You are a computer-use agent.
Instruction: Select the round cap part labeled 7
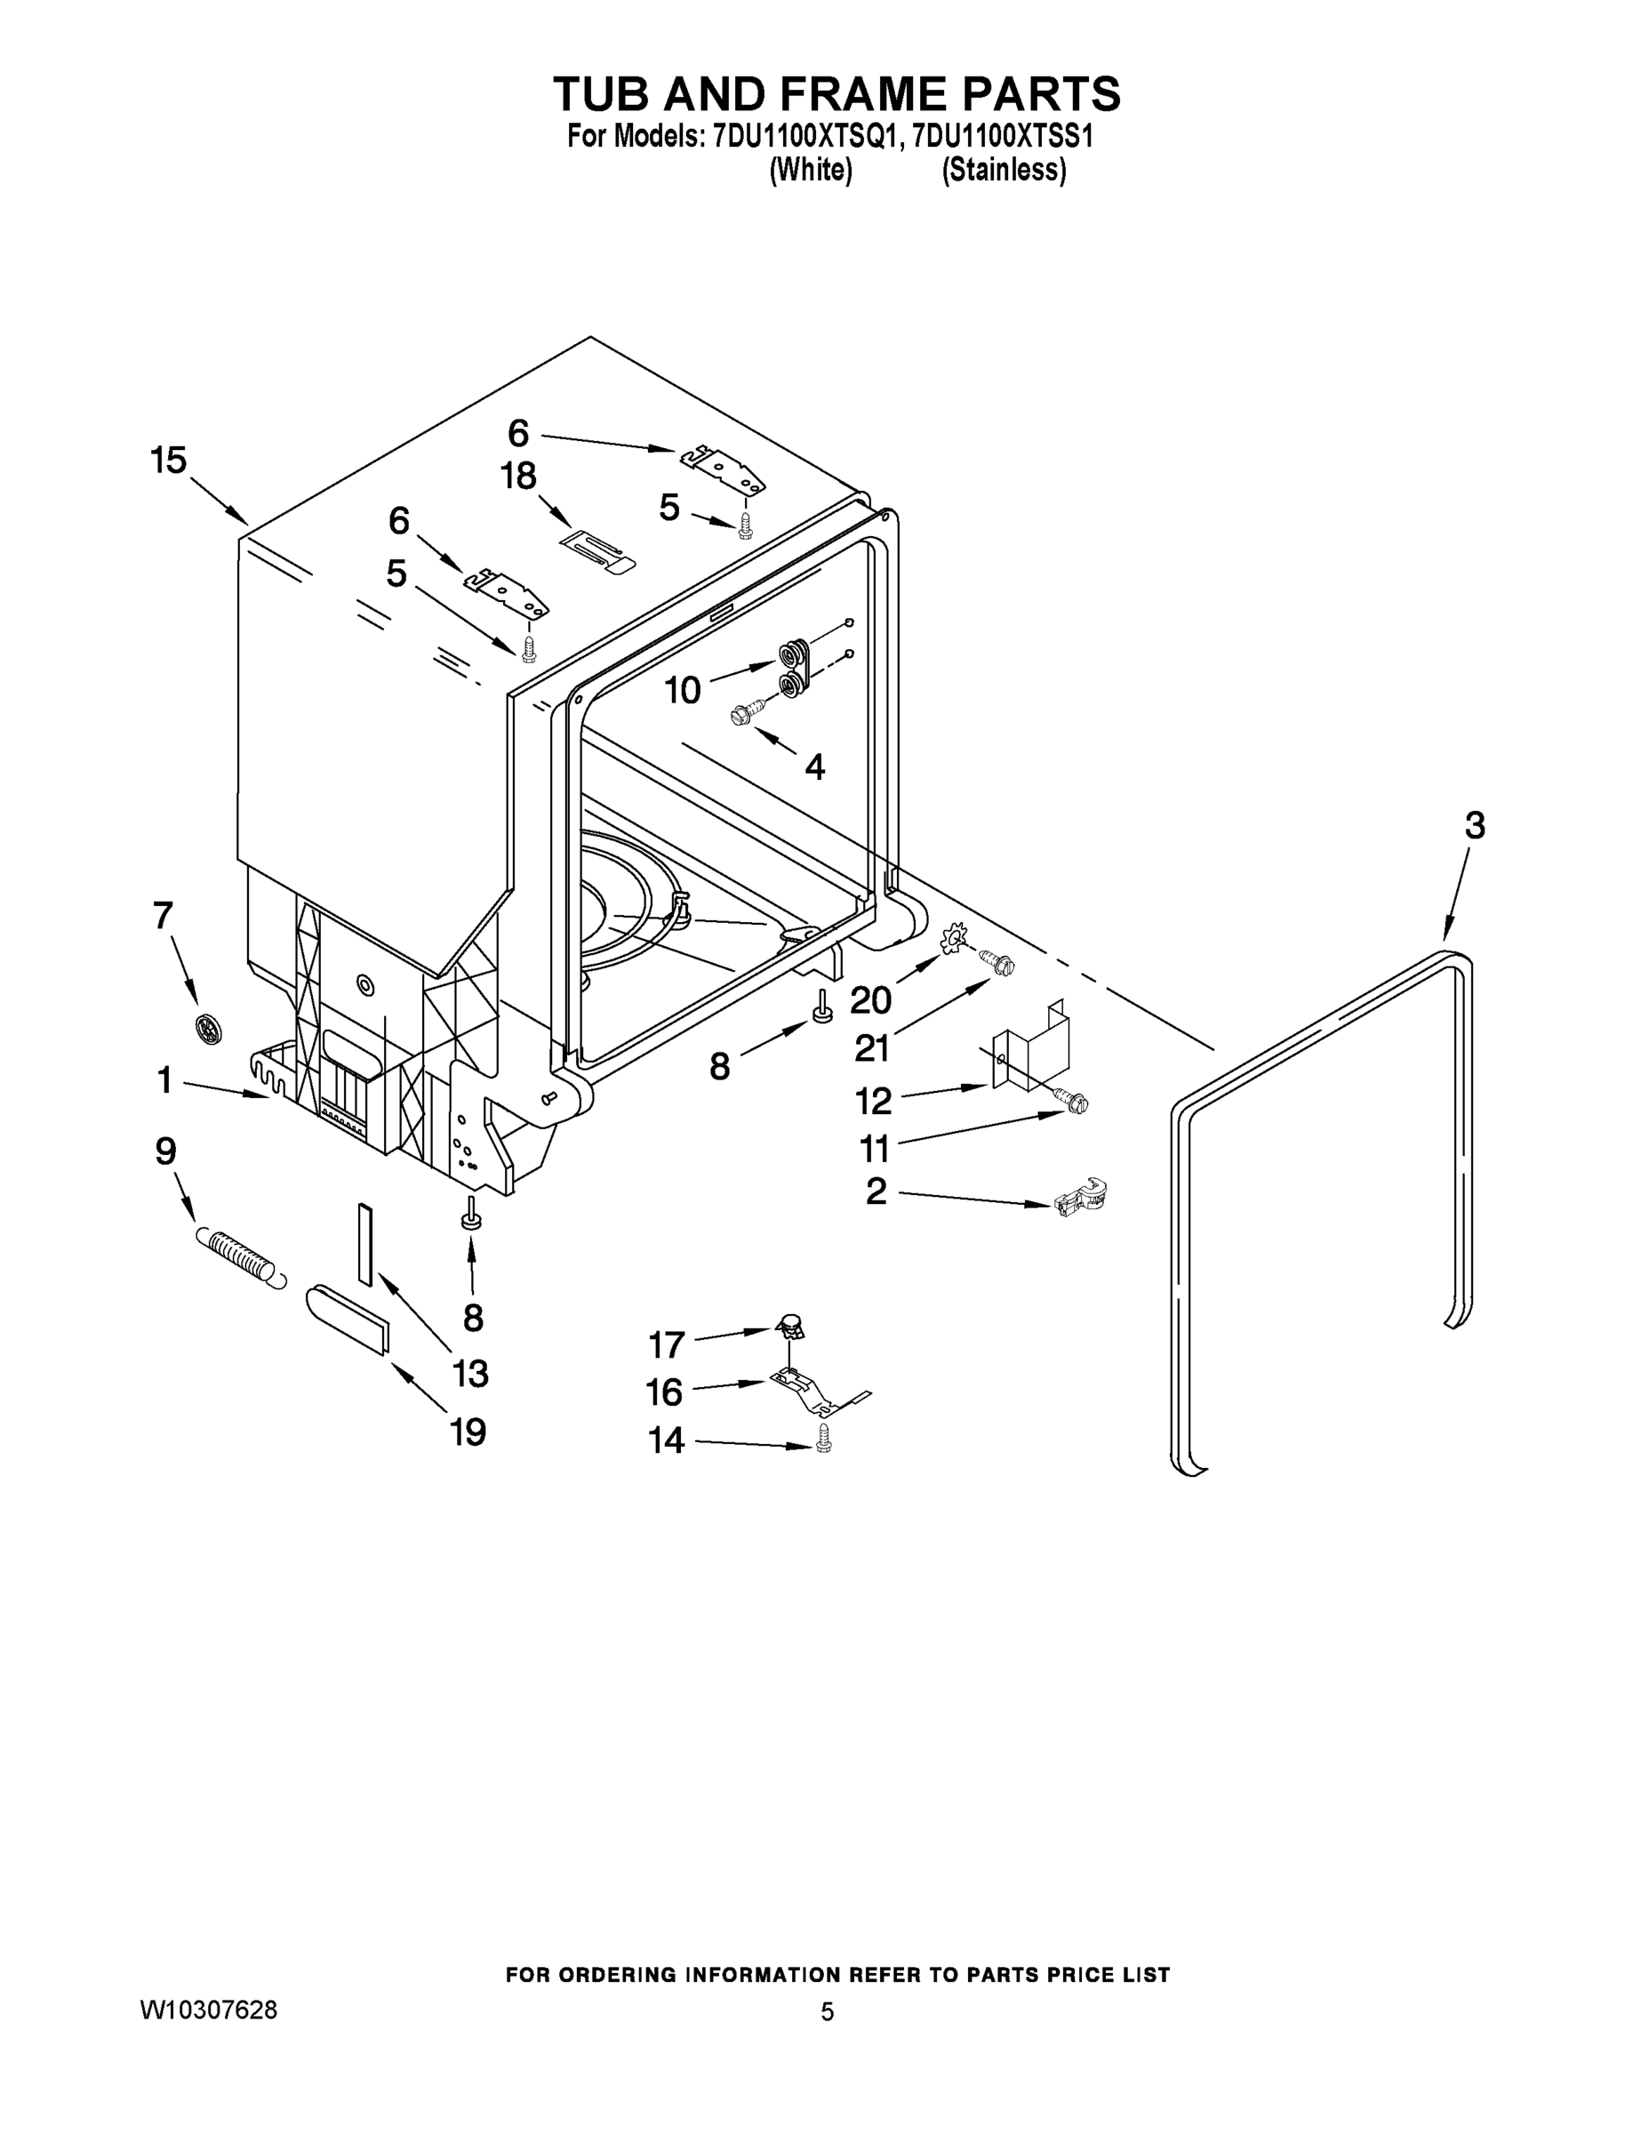tap(207, 1028)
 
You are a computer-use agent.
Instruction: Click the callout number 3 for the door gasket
tap(1474, 826)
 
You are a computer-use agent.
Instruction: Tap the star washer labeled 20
tap(951, 939)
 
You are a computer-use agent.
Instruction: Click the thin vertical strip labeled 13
tap(364, 1244)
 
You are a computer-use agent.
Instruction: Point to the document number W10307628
tap(209, 2010)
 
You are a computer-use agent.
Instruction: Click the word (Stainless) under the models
tap(1004, 170)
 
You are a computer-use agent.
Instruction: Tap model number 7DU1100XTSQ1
tap(804, 137)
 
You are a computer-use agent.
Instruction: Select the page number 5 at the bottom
tap(828, 2012)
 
